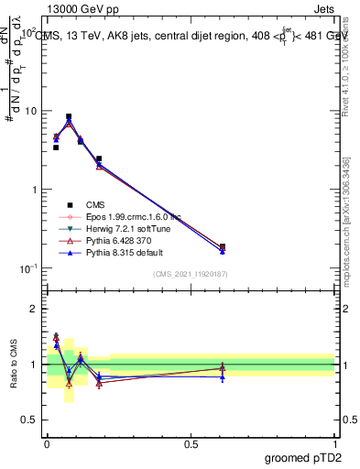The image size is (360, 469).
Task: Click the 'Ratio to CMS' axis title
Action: click(14, 365)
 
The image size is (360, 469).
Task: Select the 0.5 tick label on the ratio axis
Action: click(30, 420)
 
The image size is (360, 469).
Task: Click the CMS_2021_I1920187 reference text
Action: click(191, 273)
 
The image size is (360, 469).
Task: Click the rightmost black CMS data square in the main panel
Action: click(223, 246)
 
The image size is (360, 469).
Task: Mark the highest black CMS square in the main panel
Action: click(69, 117)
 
